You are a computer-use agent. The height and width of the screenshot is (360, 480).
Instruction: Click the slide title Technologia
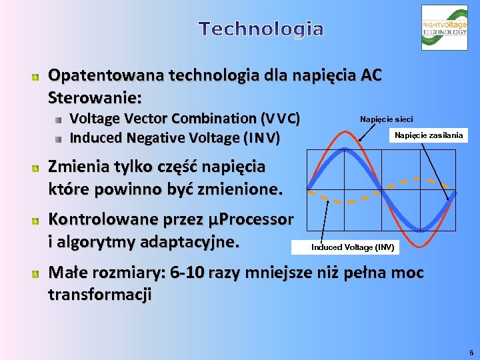(261, 29)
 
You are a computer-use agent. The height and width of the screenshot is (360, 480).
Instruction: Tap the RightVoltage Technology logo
(444, 28)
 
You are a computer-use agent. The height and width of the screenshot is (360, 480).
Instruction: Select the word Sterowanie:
(95, 97)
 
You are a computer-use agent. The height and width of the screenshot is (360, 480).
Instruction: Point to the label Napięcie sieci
(386, 119)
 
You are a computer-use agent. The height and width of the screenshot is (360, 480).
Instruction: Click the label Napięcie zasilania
(428, 135)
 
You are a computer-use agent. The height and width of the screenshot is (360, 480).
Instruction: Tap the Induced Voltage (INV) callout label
(352, 247)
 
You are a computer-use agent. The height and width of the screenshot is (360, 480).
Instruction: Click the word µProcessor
(251, 219)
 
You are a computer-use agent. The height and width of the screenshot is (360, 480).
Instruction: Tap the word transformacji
(100, 294)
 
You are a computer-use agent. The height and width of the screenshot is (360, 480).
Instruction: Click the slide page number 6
(471, 351)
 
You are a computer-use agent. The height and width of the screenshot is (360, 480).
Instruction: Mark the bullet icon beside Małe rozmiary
(36, 274)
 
